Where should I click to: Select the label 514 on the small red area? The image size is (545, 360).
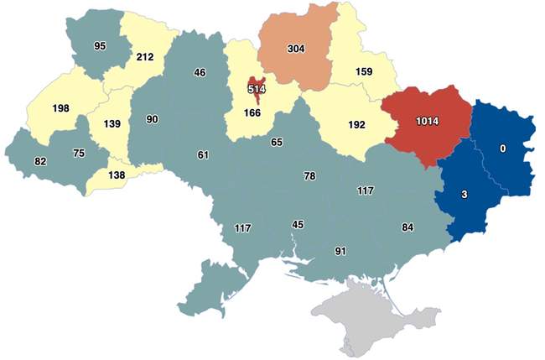(x=256, y=88)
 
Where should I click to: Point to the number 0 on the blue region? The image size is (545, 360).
(x=503, y=149)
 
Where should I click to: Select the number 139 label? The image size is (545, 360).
(x=112, y=123)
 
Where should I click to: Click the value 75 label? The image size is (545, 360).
(x=79, y=153)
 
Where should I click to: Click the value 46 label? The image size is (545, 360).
(x=200, y=73)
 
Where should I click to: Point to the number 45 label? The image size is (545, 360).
(x=298, y=224)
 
